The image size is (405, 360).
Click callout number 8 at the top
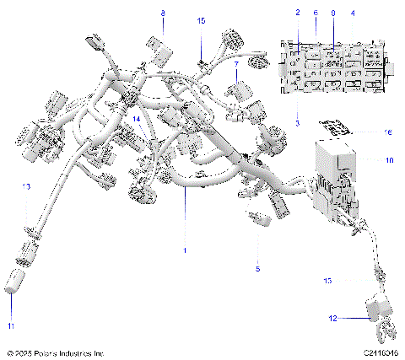[x=164, y=13]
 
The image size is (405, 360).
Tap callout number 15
[x=201, y=19]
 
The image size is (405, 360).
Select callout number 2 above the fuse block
[x=298, y=13]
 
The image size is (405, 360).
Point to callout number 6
[x=316, y=13]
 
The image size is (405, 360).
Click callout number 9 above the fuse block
[x=333, y=13]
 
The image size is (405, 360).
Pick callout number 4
[x=353, y=13]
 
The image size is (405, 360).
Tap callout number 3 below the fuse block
[x=298, y=123]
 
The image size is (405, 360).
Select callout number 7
[x=236, y=64]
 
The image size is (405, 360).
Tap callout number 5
[x=258, y=268]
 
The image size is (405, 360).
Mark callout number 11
[x=12, y=324]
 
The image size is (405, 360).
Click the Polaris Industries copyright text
[x=55, y=352]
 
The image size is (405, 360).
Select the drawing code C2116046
[x=381, y=352]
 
